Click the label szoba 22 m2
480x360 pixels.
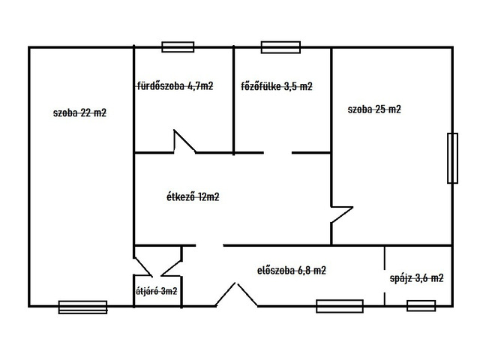(79, 113)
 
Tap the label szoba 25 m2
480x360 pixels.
(374, 109)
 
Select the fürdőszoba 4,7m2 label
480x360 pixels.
(175, 86)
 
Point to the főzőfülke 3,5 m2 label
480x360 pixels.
(277, 86)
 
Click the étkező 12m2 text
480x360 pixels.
(193, 196)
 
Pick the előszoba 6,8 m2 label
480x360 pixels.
(292, 271)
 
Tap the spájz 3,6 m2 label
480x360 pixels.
(417, 278)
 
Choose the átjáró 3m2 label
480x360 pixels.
(157, 291)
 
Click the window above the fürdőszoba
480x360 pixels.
(178, 46)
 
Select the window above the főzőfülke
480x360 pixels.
(280, 47)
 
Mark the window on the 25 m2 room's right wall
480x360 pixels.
(452, 158)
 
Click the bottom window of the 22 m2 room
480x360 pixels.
(82, 307)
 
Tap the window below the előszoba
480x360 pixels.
(340, 306)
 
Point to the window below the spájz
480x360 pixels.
(421, 306)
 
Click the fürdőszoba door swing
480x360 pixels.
(184, 141)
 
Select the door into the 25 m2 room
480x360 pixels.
(342, 214)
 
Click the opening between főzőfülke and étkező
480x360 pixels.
(277, 152)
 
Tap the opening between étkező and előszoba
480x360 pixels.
(209, 245)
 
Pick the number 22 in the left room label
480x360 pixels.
(86, 113)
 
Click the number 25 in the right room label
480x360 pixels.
(380, 109)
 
